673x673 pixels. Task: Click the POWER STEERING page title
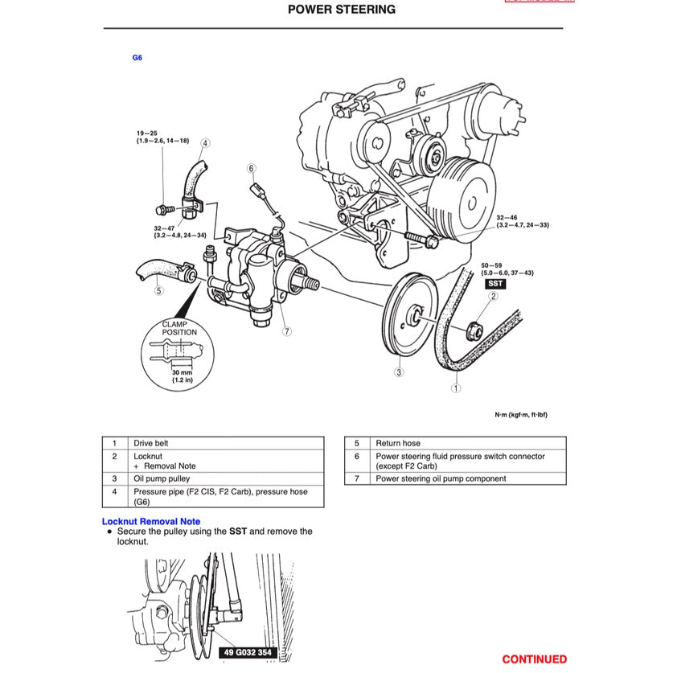tap(341, 10)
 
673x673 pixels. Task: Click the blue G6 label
tap(137, 58)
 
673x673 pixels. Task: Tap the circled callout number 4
tap(205, 143)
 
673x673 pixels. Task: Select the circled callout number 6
tap(252, 169)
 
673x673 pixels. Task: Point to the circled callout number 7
tap(286, 330)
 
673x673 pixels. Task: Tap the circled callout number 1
tap(456, 388)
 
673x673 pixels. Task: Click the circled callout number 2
tap(494, 296)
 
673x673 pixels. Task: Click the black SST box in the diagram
tap(495, 284)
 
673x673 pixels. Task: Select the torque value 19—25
tap(147, 133)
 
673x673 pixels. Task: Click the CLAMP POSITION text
tap(179, 328)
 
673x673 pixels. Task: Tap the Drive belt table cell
tap(151, 443)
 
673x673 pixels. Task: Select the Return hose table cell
tap(398, 443)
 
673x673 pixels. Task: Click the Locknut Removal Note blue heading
tap(151, 522)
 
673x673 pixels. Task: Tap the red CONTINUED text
tap(534, 659)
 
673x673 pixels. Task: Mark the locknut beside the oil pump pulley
tap(474, 326)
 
